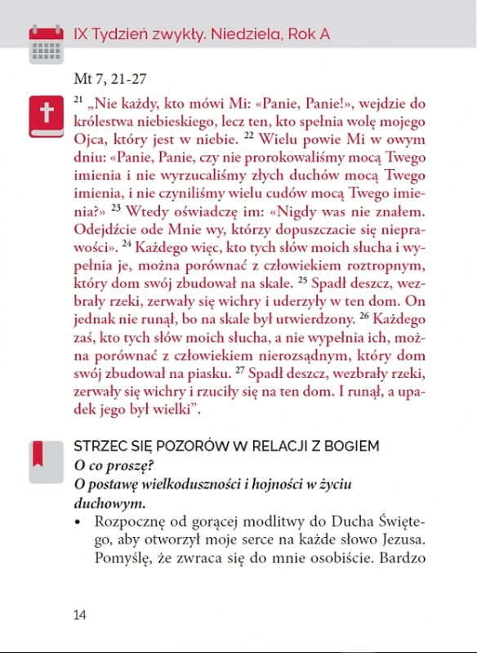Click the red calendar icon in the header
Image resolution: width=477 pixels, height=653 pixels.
46,42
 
